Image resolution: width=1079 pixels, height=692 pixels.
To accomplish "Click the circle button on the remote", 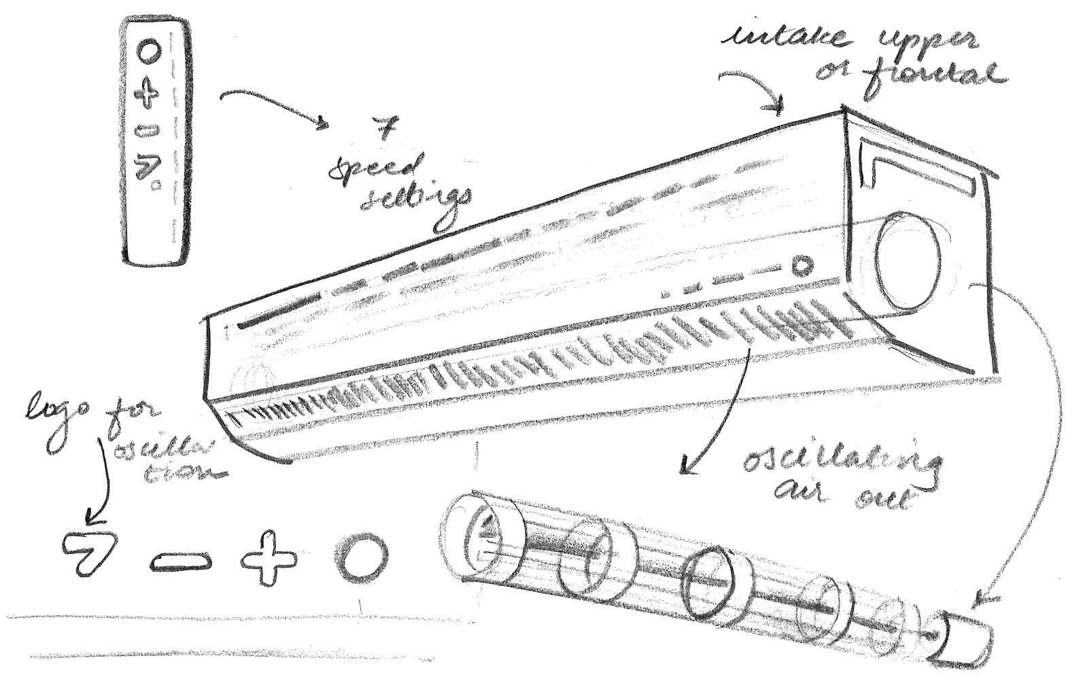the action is coord(149,51).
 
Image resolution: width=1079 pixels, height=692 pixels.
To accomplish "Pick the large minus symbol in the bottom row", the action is coord(180,561).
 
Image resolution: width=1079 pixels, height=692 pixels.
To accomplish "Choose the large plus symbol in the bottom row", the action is coord(270,559).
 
